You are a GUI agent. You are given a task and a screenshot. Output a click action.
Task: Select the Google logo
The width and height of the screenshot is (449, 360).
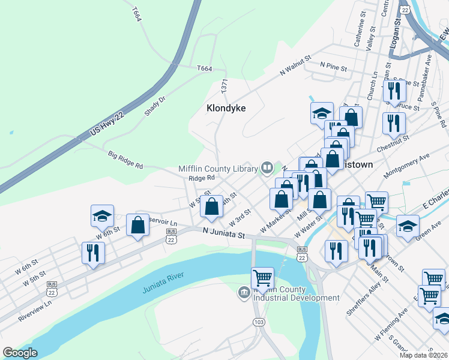coord(20,353)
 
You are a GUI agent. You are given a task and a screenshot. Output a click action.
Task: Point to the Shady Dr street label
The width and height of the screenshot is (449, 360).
coord(154,106)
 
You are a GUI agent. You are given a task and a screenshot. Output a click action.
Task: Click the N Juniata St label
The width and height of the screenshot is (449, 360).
coord(223,233)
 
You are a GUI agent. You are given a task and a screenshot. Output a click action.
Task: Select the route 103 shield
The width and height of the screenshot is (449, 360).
coord(259,322)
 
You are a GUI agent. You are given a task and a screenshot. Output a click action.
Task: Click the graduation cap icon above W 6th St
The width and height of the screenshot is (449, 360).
coord(102,215)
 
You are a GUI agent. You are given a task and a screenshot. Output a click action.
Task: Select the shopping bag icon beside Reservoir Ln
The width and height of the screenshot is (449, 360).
coord(138,226)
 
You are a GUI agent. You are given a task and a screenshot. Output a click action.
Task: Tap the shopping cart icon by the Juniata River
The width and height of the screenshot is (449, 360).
coord(262,277)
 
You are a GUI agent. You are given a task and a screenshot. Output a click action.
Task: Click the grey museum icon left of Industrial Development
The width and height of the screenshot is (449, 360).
coord(244,293)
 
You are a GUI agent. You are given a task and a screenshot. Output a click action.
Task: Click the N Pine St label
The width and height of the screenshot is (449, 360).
coord(334,64)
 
